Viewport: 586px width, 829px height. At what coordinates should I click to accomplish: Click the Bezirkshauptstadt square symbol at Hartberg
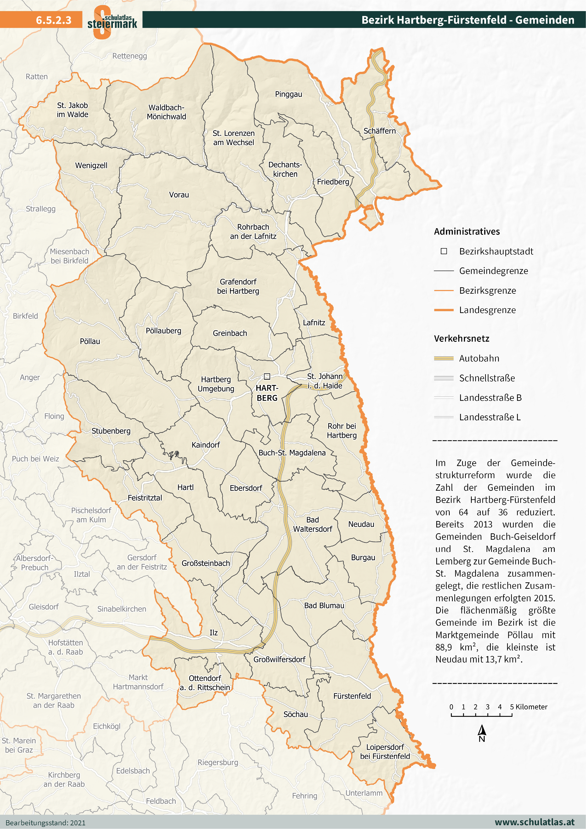267,377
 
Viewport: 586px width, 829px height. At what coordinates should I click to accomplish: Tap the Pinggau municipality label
288,94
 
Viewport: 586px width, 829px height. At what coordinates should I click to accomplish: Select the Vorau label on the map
179,195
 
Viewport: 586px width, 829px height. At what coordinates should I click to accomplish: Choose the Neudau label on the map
361,524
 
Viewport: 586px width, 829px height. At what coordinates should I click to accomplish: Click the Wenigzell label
91,165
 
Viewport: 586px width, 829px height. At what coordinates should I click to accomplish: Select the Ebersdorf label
246,488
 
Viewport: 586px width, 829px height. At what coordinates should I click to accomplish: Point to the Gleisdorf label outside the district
44,607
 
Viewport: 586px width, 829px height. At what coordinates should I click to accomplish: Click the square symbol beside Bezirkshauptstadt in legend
444,251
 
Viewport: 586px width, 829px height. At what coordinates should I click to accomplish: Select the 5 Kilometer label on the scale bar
529,707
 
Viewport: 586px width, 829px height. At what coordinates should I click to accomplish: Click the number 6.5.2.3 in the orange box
53,20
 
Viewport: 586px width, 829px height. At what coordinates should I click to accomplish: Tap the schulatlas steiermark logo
112,22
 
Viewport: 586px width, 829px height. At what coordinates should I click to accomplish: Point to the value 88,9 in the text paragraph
444,647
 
